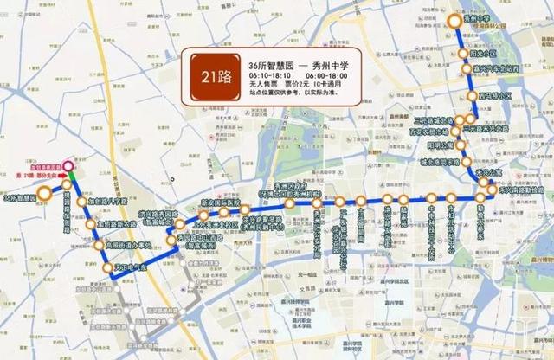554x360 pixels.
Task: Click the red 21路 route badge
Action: pyautogui.click(x=216, y=76)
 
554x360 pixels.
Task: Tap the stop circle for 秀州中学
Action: pyautogui.click(x=455, y=21)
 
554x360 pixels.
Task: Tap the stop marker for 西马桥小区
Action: pyautogui.click(x=472, y=95)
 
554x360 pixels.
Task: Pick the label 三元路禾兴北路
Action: pyautogui.click(x=489, y=126)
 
